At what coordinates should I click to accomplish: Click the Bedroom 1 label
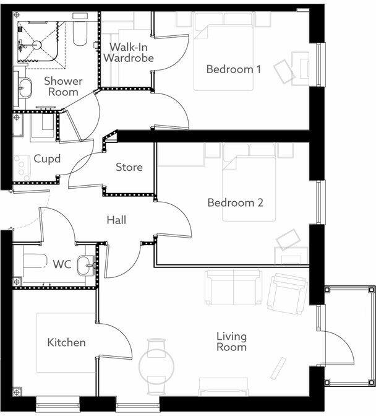[x=234, y=69]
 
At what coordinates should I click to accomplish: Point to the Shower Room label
[x=62, y=87]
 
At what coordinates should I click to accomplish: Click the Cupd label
[x=47, y=159]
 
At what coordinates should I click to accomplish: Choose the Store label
[x=129, y=167]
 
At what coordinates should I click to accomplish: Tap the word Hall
[x=116, y=220]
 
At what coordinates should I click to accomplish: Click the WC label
[x=62, y=265]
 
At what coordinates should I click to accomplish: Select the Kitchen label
[x=66, y=342]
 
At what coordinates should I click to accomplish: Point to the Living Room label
[x=231, y=342]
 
